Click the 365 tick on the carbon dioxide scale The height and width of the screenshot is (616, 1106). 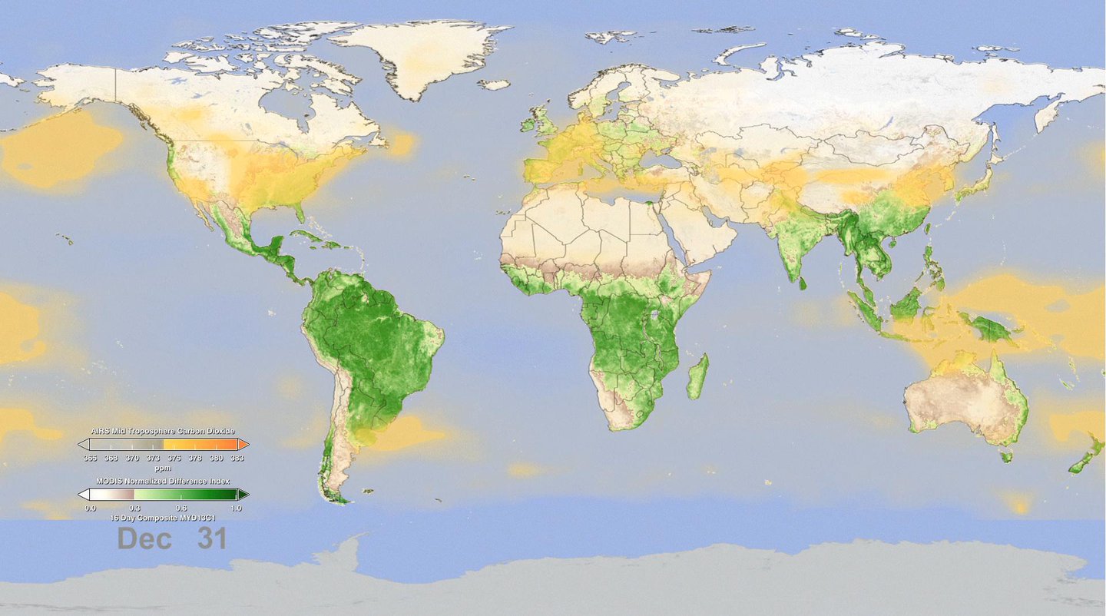click(x=90, y=458)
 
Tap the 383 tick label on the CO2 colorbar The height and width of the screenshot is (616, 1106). click(x=237, y=458)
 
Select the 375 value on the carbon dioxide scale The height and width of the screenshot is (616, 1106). click(x=174, y=458)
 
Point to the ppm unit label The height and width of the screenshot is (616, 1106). click(x=163, y=467)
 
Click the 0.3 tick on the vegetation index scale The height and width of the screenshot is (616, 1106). click(x=134, y=507)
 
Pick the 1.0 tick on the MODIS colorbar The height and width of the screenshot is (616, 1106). click(x=237, y=507)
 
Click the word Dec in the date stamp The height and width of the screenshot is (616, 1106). click(x=144, y=538)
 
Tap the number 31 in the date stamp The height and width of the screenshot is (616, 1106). click(x=211, y=538)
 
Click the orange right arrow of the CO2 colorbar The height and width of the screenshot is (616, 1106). click(x=243, y=444)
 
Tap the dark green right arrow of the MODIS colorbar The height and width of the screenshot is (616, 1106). click(x=243, y=494)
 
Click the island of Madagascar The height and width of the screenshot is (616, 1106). click(x=697, y=376)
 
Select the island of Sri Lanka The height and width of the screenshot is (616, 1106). click(x=803, y=283)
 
